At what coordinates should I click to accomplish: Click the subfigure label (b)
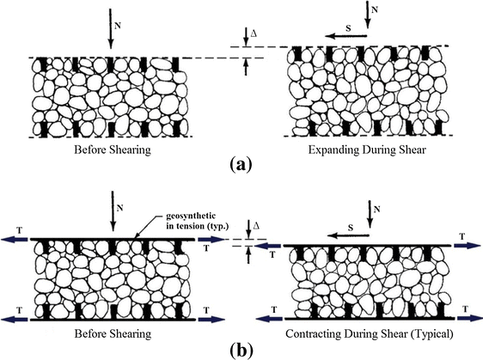click(x=241, y=351)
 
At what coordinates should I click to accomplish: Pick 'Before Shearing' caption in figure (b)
click(x=110, y=333)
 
